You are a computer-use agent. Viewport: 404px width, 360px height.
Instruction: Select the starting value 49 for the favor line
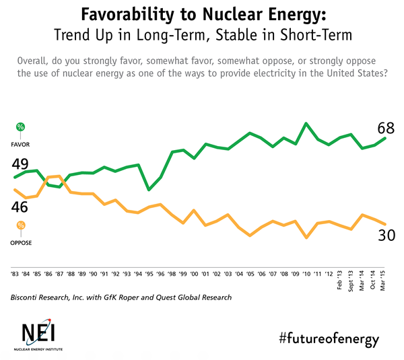click(x=18, y=165)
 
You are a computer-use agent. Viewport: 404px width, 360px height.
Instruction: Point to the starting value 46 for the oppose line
click(x=18, y=207)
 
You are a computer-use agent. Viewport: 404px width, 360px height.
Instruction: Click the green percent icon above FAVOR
click(x=21, y=127)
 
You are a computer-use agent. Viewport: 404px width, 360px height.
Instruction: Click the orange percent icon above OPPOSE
click(x=21, y=225)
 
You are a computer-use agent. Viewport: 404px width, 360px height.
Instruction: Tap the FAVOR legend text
click(x=21, y=144)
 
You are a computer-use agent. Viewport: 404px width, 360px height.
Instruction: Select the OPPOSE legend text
click(x=21, y=242)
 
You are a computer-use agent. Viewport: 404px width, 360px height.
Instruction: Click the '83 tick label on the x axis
click(x=14, y=274)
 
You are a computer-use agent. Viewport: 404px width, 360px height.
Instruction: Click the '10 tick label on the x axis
click(x=307, y=274)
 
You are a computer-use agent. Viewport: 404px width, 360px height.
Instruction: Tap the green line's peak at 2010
click(x=306, y=123)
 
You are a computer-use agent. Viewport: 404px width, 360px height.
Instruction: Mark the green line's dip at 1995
click(x=149, y=190)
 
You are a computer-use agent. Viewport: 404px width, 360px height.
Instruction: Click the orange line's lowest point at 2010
click(x=306, y=238)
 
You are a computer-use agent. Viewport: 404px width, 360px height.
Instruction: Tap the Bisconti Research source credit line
click(x=121, y=297)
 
